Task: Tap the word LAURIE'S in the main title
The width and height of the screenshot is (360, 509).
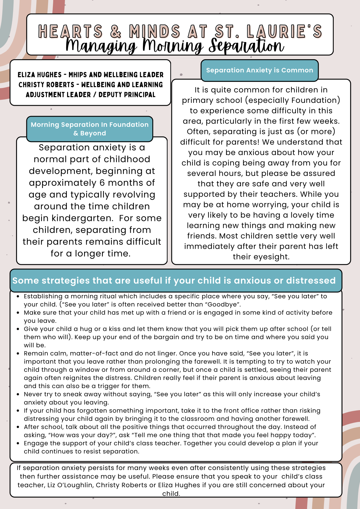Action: click(284, 31)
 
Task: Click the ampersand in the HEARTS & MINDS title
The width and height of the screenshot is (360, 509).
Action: click(116, 31)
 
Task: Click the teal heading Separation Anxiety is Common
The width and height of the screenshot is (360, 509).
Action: click(260, 70)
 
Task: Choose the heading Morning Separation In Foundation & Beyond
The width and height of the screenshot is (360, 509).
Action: click(90, 129)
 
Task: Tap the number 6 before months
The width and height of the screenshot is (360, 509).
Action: click(102, 183)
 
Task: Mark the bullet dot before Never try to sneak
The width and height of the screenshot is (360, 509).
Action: click(18, 394)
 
